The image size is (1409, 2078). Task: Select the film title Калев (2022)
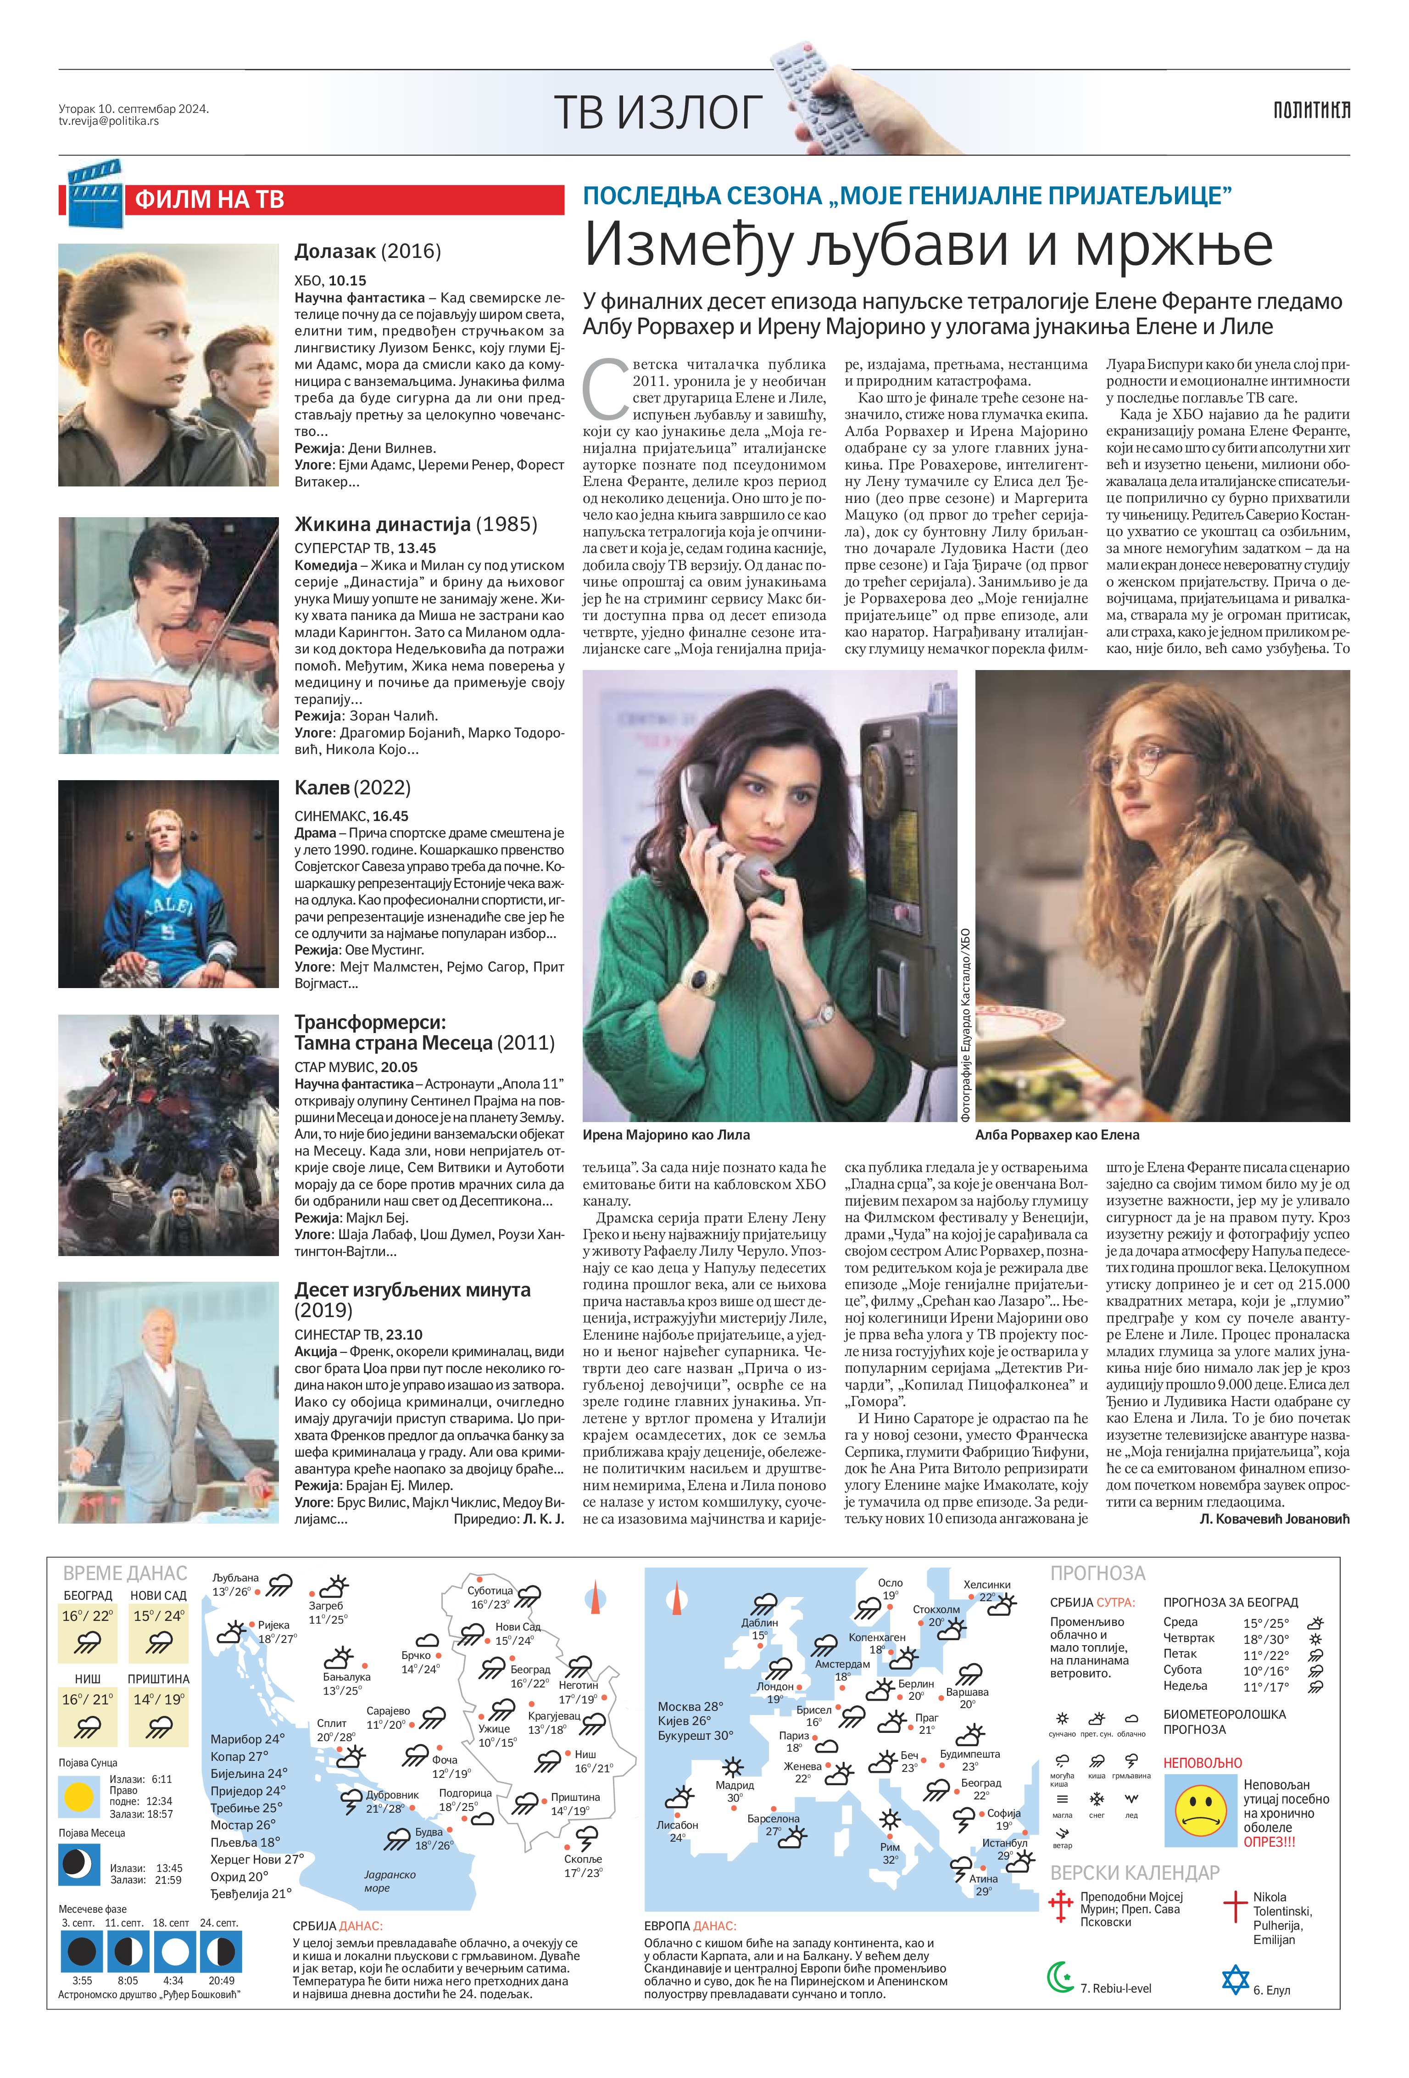point(352,788)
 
